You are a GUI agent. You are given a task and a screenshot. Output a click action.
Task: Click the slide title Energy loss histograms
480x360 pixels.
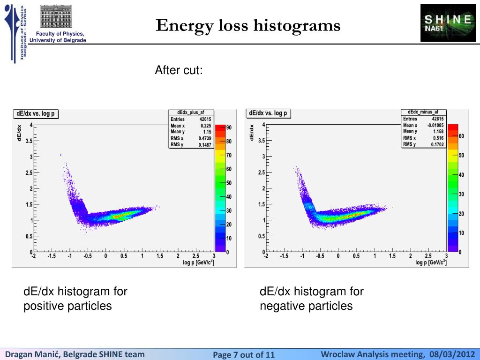click(x=248, y=25)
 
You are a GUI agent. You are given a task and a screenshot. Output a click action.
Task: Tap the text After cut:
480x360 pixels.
click(x=179, y=71)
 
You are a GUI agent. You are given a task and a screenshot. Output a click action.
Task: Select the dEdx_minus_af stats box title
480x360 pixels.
click(x=423, y=112)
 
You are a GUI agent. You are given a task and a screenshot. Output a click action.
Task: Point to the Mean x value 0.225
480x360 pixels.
click(x=205, y=126)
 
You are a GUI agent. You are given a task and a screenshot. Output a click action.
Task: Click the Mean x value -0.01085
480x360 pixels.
click(x=435, y=125)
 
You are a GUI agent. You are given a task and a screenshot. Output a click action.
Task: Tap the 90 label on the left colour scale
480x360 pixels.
click(x=229, y=127)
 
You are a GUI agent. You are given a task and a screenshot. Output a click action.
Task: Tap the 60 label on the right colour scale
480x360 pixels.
click(x=461, y=136)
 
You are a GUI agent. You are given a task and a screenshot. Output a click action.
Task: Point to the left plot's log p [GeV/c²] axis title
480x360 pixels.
click(x=199, y=262)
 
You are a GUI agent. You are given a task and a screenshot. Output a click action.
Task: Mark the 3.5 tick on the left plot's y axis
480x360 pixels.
click(x=29, y=141)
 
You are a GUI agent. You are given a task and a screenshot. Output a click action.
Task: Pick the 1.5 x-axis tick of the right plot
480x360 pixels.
click(x=392, y=256)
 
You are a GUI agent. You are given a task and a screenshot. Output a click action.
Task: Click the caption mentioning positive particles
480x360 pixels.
click(x=75, y=299)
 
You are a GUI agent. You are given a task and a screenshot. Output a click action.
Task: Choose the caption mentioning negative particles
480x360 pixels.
click(x=311, y=299)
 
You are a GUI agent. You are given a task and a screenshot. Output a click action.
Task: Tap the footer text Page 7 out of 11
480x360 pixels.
click(x=244, y=354)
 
